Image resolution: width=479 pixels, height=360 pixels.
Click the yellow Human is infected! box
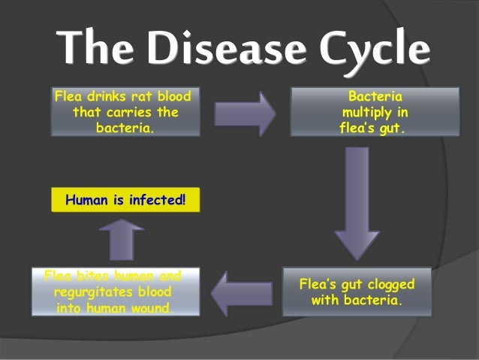pyautogui.click(x=125, y=201)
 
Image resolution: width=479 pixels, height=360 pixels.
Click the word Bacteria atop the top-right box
pyautogui.click(x=375, y=97)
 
